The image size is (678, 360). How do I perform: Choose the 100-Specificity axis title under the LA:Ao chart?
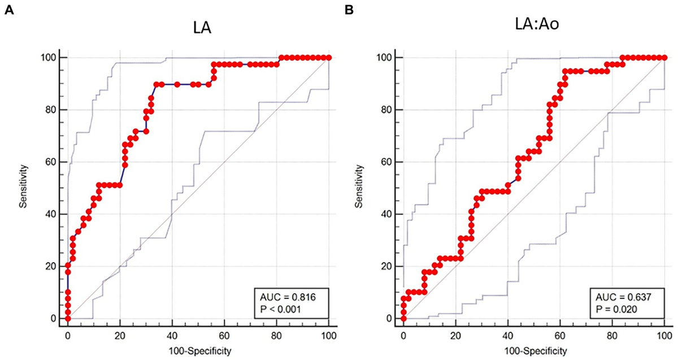(x=533, y=350)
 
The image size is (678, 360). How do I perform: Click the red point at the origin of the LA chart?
(x=68, y=319)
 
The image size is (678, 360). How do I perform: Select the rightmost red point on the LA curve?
(x=329, y=58)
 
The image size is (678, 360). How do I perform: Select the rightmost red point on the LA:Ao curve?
(x=664, y=58)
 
